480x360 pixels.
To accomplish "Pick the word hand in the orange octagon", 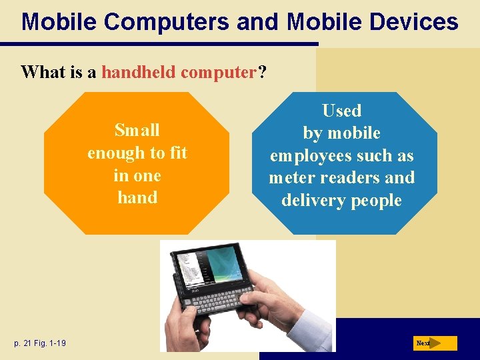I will [x=137, y=197].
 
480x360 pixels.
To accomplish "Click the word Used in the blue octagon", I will [x=341, y=111].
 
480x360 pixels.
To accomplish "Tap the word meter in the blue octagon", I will [x=291, y=178].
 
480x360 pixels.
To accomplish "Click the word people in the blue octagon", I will [x=379, y=201].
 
